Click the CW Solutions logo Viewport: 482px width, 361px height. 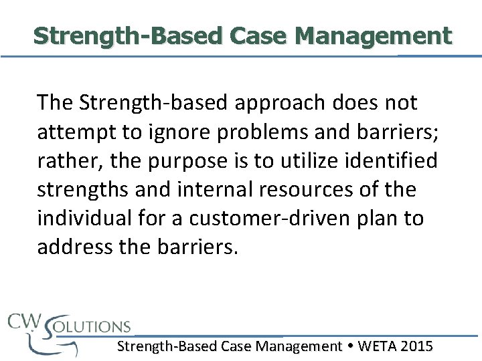point(67,331)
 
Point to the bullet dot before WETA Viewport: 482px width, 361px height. point(350,346)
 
